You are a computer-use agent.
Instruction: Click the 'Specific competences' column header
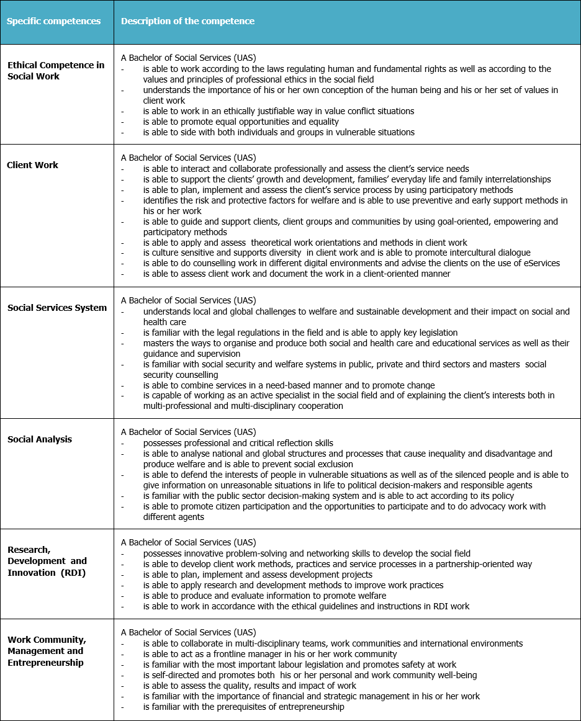click(53, 21)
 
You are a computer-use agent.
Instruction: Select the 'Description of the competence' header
click(187, 21)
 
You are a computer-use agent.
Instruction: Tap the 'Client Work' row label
click(32, 165)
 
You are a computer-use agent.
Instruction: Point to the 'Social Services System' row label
click(57, 308)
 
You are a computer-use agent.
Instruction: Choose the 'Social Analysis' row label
click(40, 439)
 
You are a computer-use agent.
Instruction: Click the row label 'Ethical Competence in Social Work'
click(56, 70)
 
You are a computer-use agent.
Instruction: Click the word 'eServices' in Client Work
click(539, 263)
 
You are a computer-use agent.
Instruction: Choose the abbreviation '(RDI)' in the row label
click(73, 573)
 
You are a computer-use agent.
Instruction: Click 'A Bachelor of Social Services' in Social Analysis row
click(188, 432)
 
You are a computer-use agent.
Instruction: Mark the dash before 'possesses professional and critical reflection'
click(123, 443)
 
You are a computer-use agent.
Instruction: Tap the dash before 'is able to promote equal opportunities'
click(123, 122)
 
